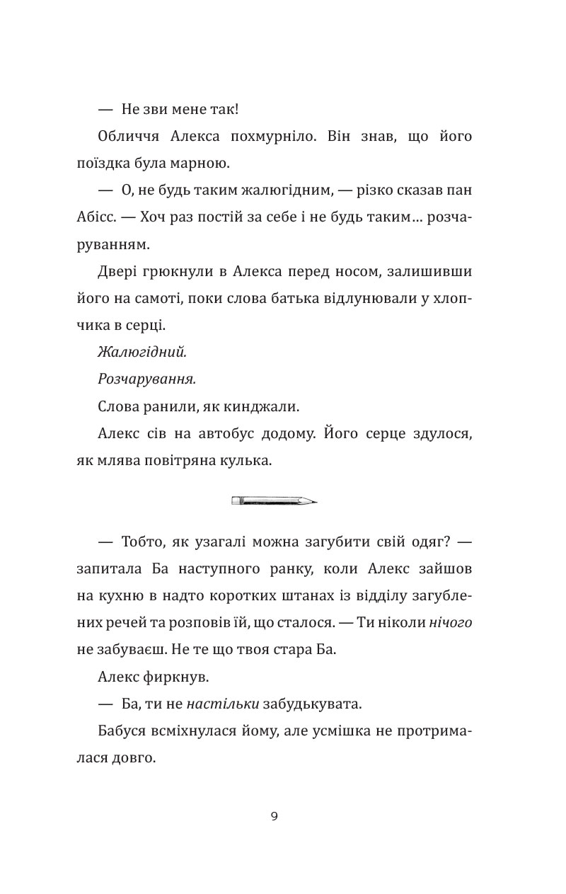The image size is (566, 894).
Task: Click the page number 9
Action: tap(274, 816)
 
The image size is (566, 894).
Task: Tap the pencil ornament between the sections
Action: tap(274, 501)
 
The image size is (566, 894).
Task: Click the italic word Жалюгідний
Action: tap(142, 352)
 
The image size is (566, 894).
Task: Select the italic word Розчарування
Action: tap(146, 379)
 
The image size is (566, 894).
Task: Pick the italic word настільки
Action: tap(224, 704)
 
